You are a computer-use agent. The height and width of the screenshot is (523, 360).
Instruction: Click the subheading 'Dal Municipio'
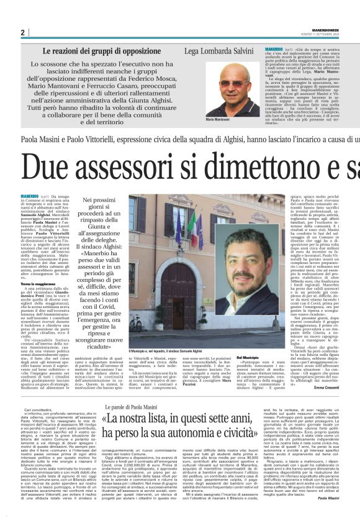pyautogui.click(x=246, y=358)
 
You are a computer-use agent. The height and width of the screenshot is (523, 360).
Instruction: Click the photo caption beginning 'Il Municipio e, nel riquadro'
pyautogui.click(x=161, y=351)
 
